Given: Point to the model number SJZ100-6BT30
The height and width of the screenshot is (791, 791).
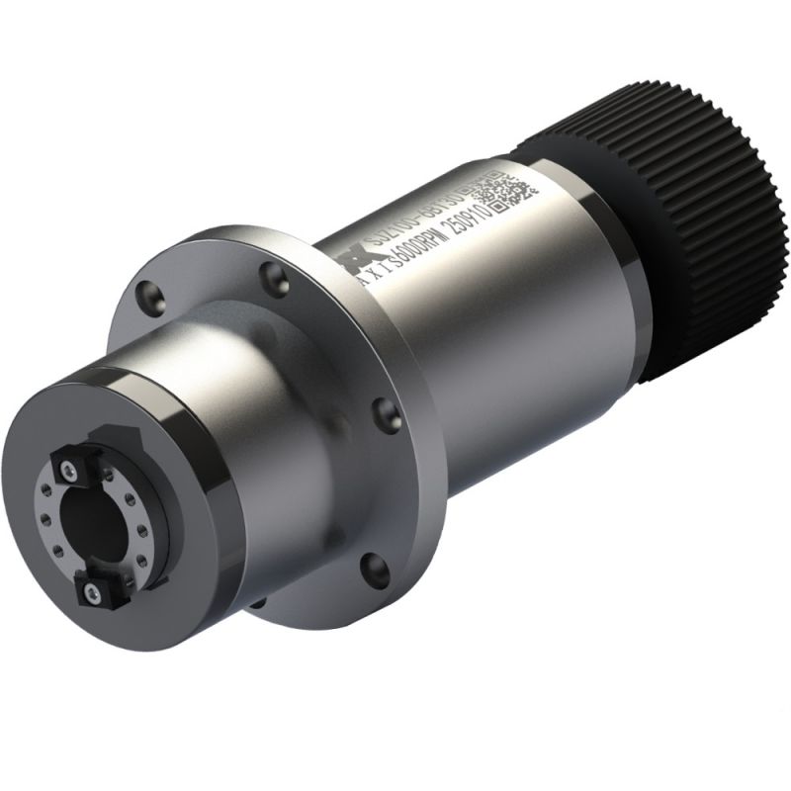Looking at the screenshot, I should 415,211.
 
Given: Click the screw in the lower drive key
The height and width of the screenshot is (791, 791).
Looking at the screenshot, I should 93,591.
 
